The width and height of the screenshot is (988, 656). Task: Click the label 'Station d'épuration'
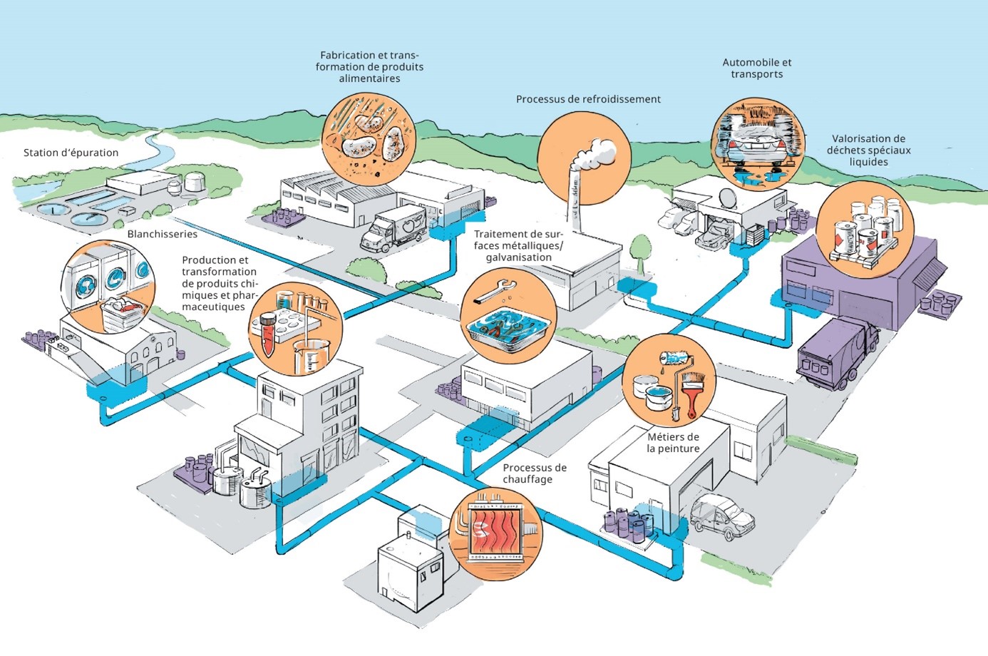(x=71, y=153)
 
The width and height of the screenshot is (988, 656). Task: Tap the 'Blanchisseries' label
(x=163, y=234)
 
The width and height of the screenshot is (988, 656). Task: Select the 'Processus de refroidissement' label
(x=588, y=99)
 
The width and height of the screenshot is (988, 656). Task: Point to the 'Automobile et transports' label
(x=757, y=68)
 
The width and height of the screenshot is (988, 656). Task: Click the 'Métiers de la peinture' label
(x=673, y=443)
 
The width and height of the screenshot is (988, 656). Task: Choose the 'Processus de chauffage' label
(x=534, y=473)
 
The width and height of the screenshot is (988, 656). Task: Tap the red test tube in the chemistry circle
(x=267, y=335)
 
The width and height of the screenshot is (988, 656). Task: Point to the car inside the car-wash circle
(x=757, y=146)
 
